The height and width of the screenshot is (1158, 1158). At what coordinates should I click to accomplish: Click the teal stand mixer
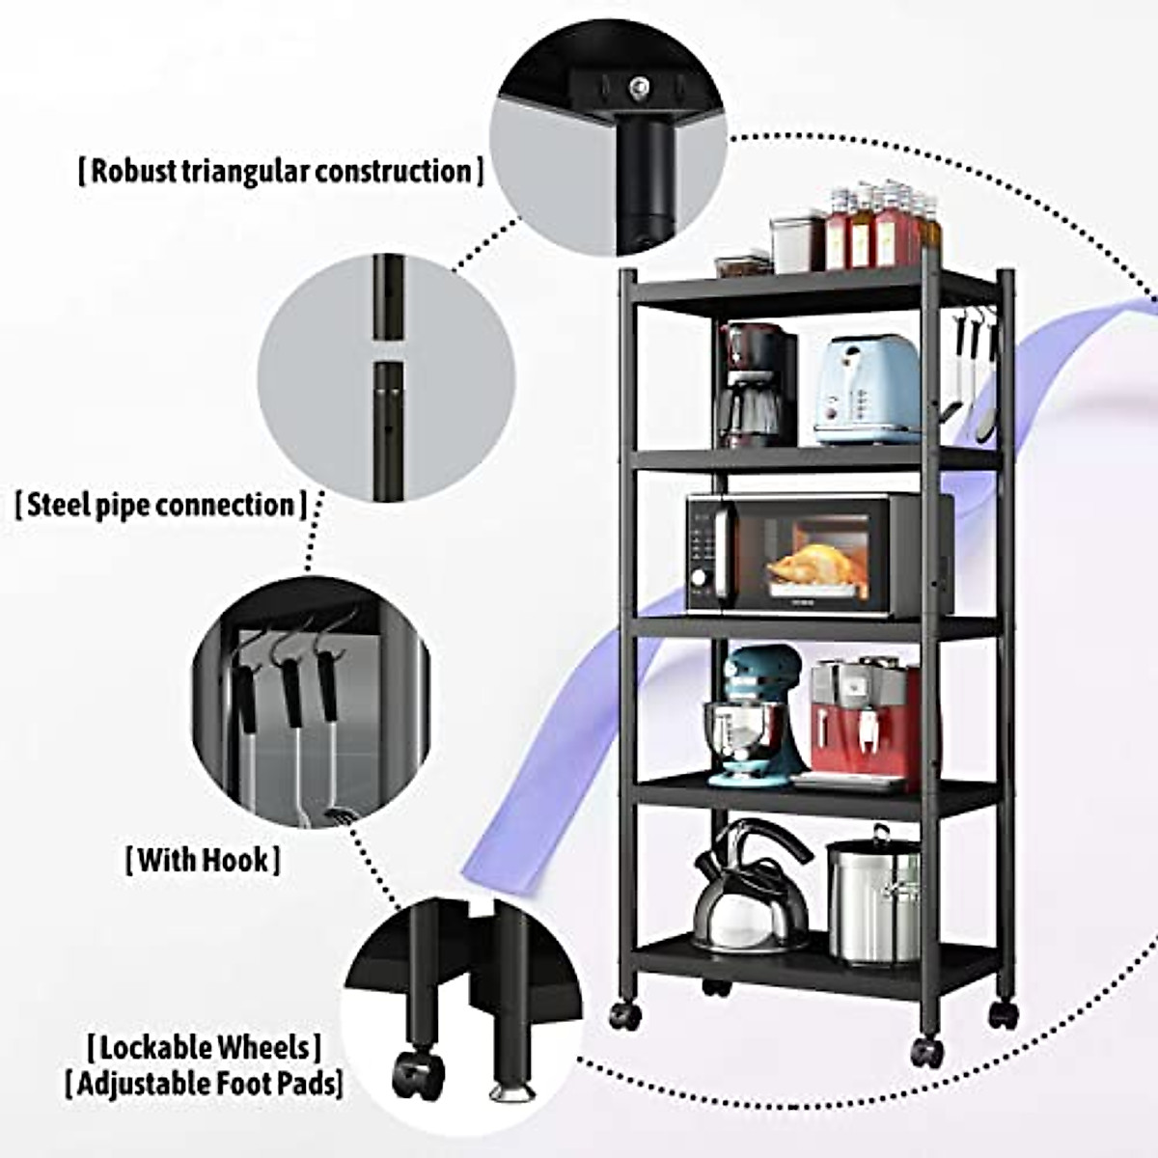click(756, 714)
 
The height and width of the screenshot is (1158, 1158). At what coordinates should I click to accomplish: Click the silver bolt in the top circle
click(637, 87)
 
